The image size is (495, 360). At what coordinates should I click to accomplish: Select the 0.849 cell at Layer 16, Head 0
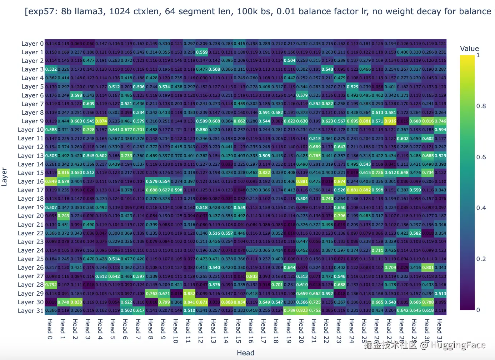tap(51, 181)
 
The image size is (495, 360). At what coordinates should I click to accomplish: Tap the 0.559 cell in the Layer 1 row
tap(202, 52)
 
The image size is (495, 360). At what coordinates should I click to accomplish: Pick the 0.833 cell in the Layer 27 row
tap(252, 276)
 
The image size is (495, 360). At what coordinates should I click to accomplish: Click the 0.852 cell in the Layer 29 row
tap(189, 294)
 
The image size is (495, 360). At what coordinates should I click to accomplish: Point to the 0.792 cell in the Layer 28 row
tap(51, 285)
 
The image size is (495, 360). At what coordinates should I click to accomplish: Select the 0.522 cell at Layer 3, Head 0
tap(51, 69)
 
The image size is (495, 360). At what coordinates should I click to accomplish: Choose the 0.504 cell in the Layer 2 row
tap(289, 61)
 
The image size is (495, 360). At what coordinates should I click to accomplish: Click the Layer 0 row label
tap(32, 44)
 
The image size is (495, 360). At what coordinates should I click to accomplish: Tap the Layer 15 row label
tap(31, 173)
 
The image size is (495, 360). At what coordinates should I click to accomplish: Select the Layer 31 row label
tap(31, 311)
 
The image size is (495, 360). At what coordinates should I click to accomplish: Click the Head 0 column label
tap(50, 329)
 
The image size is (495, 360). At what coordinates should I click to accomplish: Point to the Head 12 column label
tap(201, 331)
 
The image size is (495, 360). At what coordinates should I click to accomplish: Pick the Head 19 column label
tap(289, 331)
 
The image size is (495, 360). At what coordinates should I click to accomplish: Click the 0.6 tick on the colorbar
tap(481, 157)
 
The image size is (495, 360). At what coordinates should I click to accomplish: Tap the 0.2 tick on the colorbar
tap(481, 259)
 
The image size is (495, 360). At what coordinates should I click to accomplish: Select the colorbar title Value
tap(469, 49)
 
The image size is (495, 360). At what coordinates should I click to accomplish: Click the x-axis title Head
tap(245, 353)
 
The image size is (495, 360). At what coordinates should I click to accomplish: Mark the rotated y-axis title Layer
tap(4, 177)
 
